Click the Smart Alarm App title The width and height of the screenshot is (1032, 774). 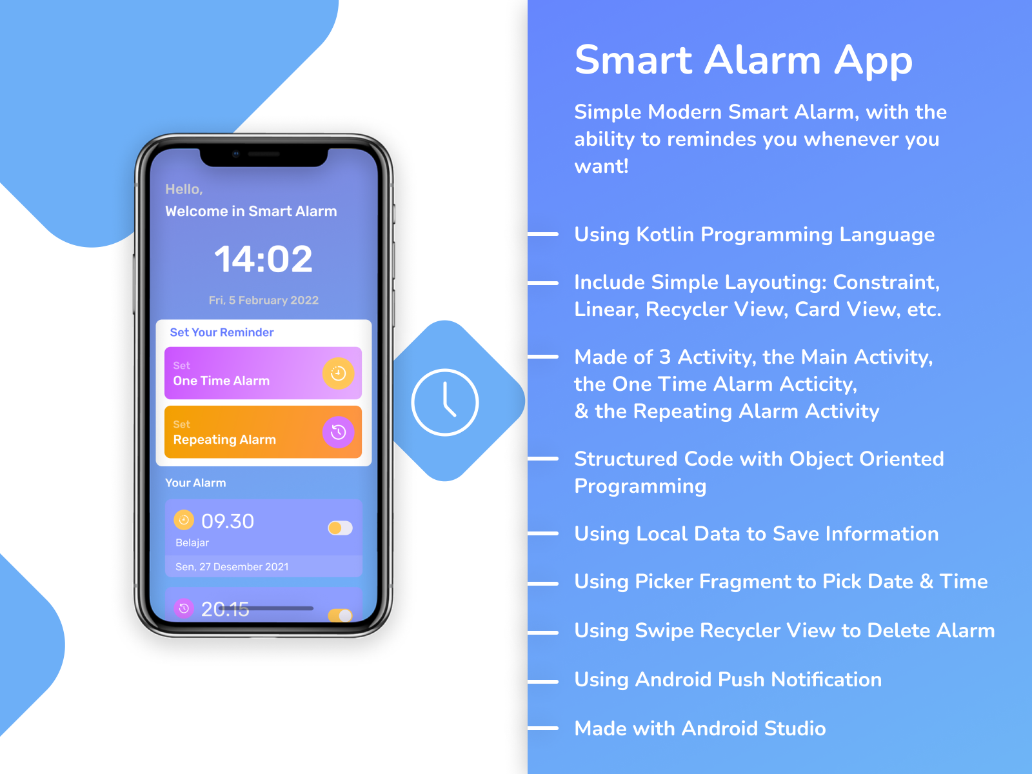(743, 61)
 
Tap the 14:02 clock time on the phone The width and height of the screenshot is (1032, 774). (263, 259)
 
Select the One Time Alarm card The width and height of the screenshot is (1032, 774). (245, 373)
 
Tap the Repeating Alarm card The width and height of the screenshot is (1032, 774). (245, 432)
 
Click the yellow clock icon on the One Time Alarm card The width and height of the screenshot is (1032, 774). (338, 373)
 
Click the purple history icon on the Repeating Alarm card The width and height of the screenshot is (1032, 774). (338, 432)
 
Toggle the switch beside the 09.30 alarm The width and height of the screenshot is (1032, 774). (340, 528)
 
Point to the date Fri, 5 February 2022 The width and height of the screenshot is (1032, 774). (263, 300)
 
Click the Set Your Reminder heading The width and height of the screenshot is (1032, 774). (221, 332)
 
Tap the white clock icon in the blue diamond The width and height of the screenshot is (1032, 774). (444, 402)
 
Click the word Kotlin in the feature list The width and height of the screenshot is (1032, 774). (665, 235)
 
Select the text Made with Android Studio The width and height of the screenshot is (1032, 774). (700, 729)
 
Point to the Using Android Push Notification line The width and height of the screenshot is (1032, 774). (728, 680)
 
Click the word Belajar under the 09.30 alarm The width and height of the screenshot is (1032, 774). (192, 543)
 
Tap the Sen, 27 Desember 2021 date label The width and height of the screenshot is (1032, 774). (232, 567)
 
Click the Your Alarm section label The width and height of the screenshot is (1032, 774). (195, 483)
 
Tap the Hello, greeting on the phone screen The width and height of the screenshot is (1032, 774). (184, 190)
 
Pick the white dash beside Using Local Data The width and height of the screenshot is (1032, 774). (543, 533)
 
